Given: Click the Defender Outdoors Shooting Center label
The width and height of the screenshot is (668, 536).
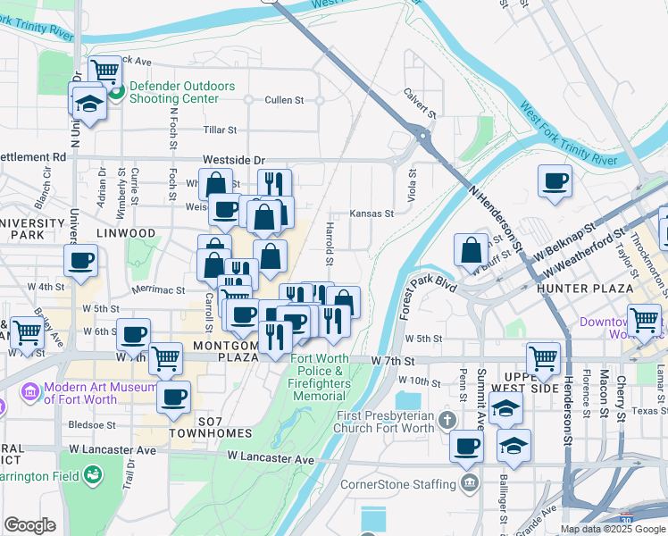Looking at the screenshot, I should pos(181,92).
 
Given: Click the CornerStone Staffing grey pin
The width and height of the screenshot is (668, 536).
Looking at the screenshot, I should pos(471,485).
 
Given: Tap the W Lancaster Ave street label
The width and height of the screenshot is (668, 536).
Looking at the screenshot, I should pos(271,457).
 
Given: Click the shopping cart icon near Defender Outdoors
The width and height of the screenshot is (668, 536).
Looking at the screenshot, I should pos(105,69).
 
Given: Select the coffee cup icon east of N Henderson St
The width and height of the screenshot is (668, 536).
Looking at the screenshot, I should pos(555,181).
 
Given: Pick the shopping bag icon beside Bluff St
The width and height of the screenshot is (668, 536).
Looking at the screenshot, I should pos(471,251).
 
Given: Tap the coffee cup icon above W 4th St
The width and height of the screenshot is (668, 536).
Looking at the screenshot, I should pos(80,260).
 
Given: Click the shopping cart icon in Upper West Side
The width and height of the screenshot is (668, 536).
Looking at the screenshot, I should pos(544,359).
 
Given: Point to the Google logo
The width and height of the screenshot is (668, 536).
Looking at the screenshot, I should pos(29,525).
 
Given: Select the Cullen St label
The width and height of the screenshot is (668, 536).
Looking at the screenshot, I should pos(284,100).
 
